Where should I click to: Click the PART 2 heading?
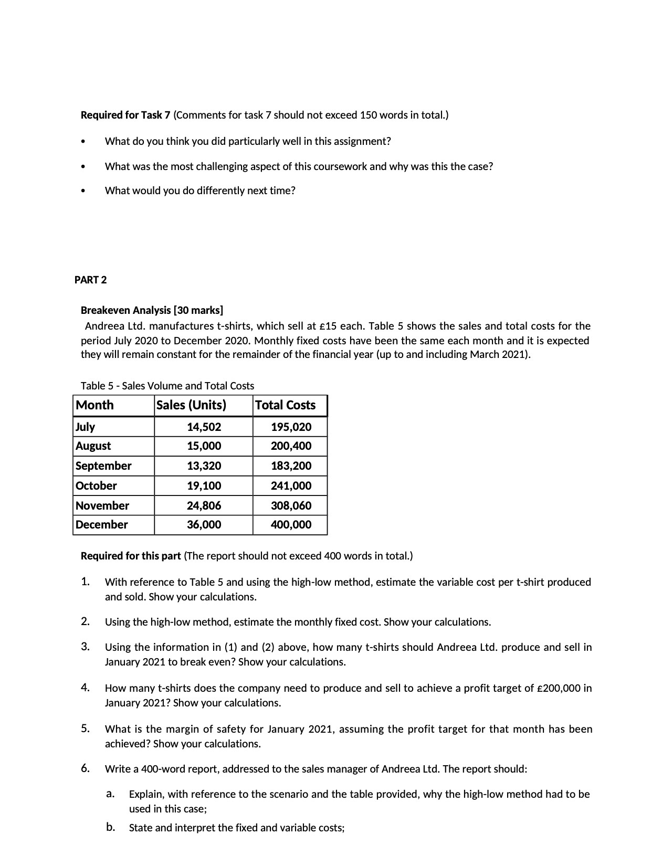[x=90, y=280]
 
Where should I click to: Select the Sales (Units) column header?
[x=191, y=405]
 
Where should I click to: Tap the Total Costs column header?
[x=285, y=405]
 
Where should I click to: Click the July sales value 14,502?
[x=204, y=427]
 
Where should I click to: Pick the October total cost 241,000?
[x=291, y=485]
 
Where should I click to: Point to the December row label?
[x=102, y=524]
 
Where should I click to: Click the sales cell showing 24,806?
[x=204, y=505]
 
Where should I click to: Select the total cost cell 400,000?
[x=291, y=524]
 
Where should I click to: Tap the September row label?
[x=103, y=466]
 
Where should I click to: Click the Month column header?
[x=94, y=405]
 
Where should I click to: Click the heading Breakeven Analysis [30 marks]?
[x=152, y=310]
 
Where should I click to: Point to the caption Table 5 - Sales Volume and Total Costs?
[x=167, y=386]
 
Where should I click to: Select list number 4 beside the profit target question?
[x=85, y=687]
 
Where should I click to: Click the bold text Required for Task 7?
[x=125, y=115]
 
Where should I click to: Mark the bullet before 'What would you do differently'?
[x=82, y=191]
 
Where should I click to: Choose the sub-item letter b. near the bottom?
[x=110, y=828]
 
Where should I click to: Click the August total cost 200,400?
[x=291, y=446]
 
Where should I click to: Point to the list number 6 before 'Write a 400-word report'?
[x=85, y=769]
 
